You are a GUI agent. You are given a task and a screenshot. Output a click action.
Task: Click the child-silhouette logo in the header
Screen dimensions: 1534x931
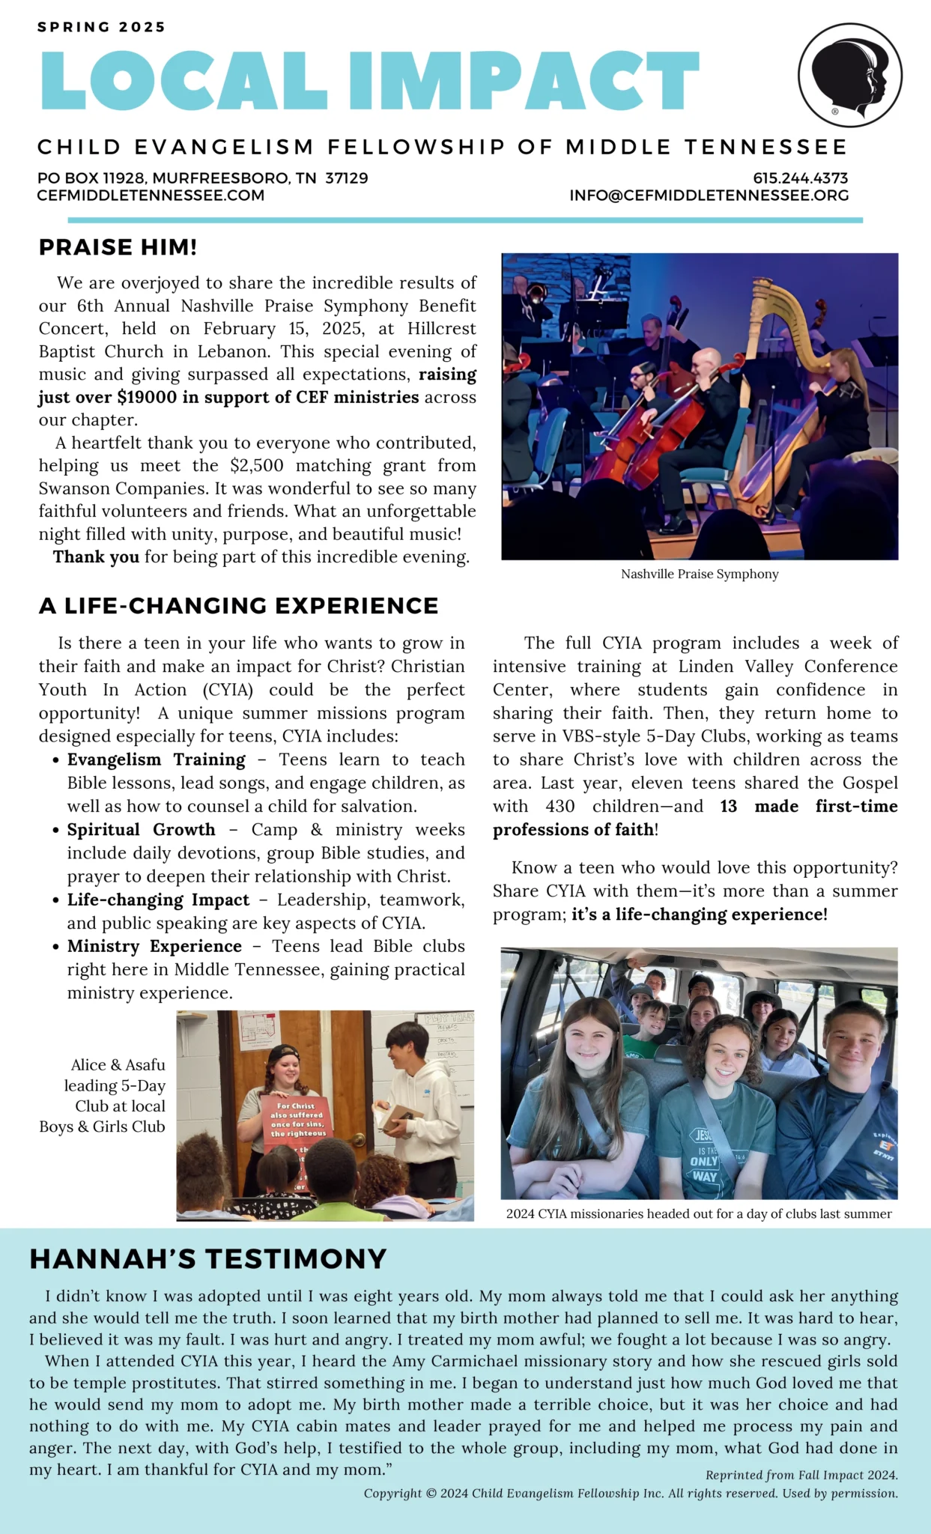tap(849, 75)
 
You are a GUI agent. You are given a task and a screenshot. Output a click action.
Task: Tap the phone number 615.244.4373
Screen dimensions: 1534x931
tap(800, 178)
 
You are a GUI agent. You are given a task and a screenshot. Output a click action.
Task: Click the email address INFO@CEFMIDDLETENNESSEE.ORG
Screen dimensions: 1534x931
tap(709, 195)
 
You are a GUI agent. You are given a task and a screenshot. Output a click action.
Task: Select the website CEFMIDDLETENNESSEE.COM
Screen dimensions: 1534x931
tap(151, 195)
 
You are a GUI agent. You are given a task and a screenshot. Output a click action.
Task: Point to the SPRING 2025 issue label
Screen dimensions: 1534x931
tap(101, 27)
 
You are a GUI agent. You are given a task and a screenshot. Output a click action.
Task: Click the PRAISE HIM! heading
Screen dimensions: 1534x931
tap(118, 247)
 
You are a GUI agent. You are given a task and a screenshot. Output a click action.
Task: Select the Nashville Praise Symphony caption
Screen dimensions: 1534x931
tap(700, 575)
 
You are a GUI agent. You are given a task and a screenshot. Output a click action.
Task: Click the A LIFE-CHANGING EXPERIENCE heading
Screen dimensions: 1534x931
tap(238, 605)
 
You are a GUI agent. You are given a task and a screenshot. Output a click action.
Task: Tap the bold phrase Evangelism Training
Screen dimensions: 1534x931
tap(156, 760)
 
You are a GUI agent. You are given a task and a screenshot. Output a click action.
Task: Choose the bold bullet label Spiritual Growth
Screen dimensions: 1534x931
tap(141, 830)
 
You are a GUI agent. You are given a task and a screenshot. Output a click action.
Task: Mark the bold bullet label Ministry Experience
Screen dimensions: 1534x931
tap(154, 947)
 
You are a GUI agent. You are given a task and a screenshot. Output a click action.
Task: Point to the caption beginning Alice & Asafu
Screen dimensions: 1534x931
tap(103, 1095)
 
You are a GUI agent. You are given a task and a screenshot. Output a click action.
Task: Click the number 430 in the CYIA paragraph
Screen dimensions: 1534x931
tap(559, 807)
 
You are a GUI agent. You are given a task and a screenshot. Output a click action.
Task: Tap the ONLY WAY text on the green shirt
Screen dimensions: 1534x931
tap(704, 1168)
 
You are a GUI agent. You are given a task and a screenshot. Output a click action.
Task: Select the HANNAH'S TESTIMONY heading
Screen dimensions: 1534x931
tap(208, 1259)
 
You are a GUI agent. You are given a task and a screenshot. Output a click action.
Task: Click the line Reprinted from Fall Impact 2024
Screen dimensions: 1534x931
tap(801, 1475)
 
